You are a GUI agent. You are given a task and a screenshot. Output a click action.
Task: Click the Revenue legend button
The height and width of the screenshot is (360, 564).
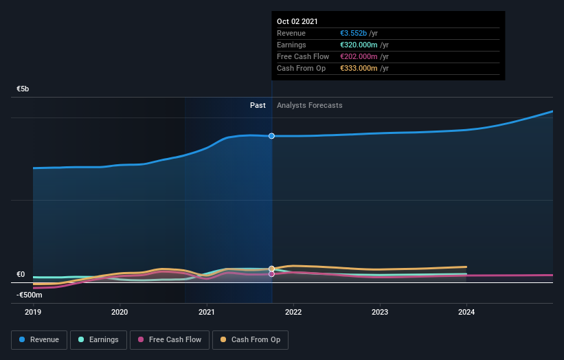point(40,339)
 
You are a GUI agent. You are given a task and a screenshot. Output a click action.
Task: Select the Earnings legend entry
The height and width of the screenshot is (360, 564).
point(100,339)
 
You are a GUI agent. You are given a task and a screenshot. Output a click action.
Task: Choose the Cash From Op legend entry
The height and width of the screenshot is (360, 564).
point(251,339)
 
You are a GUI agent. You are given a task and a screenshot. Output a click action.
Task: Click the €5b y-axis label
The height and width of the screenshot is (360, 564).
point(23,89)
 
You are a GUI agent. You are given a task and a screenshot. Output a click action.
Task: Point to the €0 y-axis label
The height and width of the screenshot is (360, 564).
point(21,275)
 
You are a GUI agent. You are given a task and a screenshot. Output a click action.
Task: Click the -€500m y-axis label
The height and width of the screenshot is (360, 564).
point(29,295)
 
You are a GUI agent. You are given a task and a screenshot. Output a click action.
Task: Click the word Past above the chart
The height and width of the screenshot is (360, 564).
point(258,105)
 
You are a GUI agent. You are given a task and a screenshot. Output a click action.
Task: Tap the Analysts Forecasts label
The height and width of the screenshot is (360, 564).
point(309,105)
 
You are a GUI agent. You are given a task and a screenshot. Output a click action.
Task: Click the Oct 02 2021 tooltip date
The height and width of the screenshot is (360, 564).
point(297,21)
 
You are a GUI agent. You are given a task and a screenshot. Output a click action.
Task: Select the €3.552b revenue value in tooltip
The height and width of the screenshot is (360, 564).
point(357,33)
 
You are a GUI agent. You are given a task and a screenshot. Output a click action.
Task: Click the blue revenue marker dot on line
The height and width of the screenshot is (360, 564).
point(272,136)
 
